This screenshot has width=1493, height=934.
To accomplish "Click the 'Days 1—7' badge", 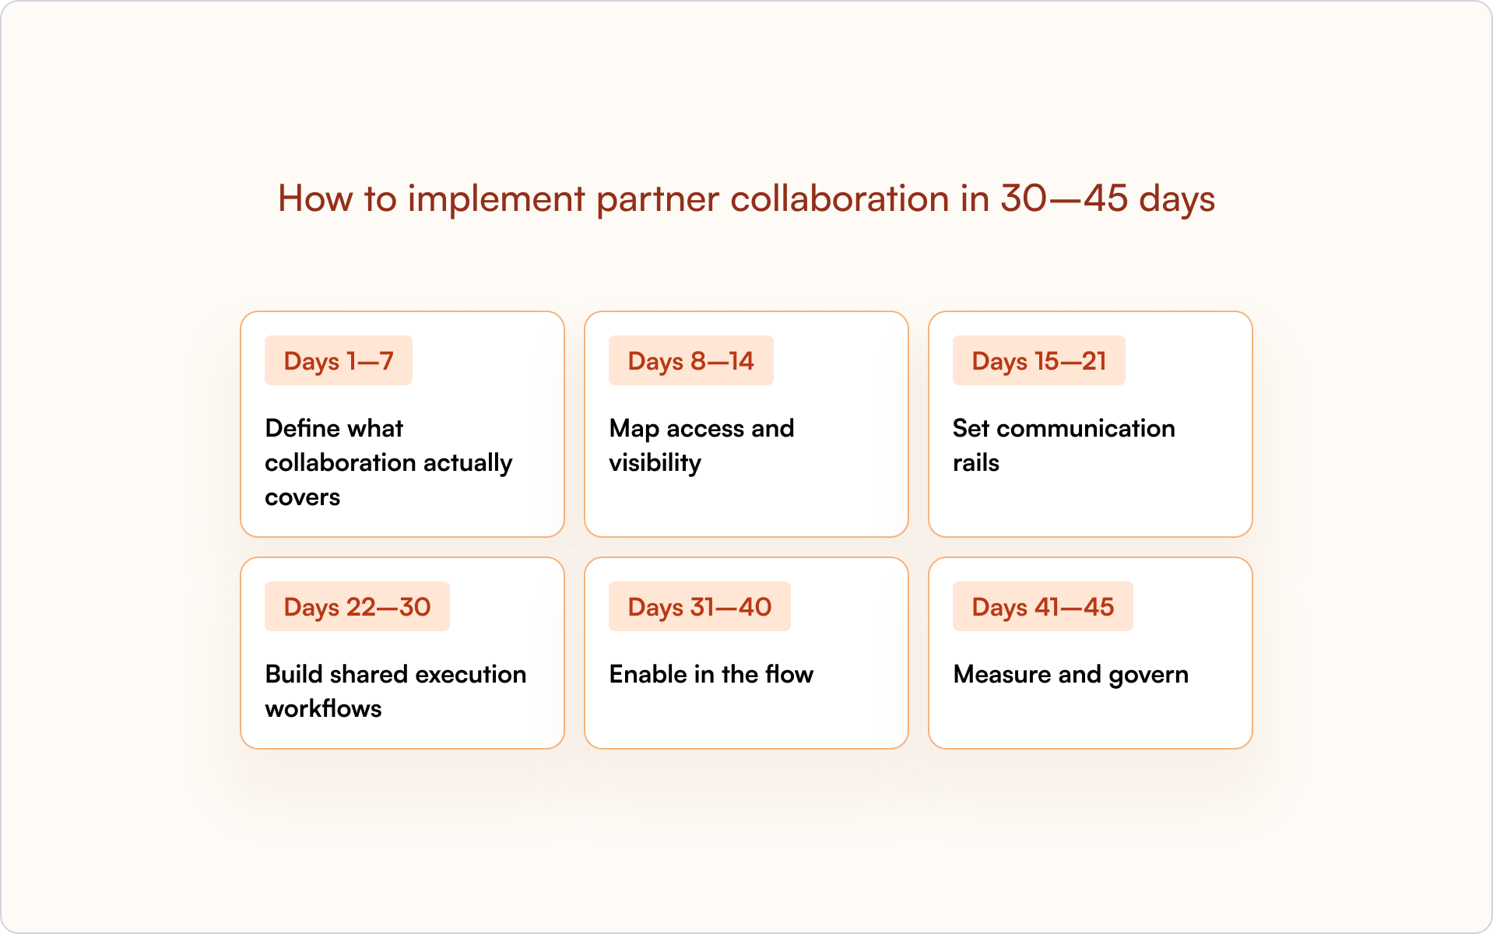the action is coord(339,360).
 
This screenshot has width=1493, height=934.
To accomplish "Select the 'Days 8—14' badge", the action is coord(691,360).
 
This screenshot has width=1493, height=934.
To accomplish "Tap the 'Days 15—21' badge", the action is coord(1039,360).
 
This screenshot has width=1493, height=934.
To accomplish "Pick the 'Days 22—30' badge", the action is coord(357,606).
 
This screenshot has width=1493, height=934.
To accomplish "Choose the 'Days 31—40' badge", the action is coord(700,606).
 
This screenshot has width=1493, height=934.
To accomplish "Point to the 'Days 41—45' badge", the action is coord(1043,606).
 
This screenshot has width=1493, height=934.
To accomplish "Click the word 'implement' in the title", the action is coord(496,199).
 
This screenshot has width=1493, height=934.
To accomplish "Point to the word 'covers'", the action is coord(303,498).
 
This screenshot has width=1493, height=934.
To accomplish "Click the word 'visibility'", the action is coord(655,463).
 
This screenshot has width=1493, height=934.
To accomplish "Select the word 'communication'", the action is coord(1086,428).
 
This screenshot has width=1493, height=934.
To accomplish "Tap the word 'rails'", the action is coord(976,463).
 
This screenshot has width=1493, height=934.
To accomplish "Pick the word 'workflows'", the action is coord(324,708).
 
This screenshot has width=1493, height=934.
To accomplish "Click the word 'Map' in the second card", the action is coord(634,429).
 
